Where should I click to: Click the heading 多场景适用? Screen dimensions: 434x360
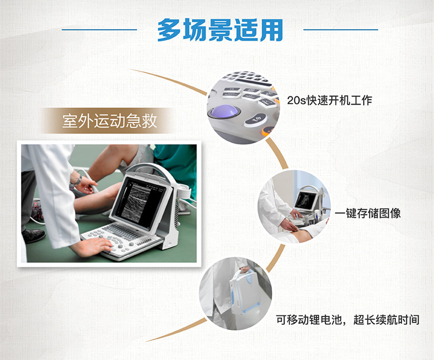point(220,30)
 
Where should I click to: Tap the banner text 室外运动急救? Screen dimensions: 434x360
point(109,121)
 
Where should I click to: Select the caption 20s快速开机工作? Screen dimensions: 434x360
point(329,100)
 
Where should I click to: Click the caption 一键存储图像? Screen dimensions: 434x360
point(368,213)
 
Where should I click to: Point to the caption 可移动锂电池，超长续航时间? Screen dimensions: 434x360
point(348,320)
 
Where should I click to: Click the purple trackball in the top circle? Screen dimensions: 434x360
point(224,111)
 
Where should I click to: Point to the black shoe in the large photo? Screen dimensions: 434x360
point(33,236)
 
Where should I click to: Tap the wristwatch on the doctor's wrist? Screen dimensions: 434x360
point(78,180)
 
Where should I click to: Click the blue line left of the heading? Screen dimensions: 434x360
point(99,29)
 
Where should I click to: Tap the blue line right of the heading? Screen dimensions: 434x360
point(341,29)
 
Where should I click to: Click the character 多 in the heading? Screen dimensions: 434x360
point(169,30)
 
